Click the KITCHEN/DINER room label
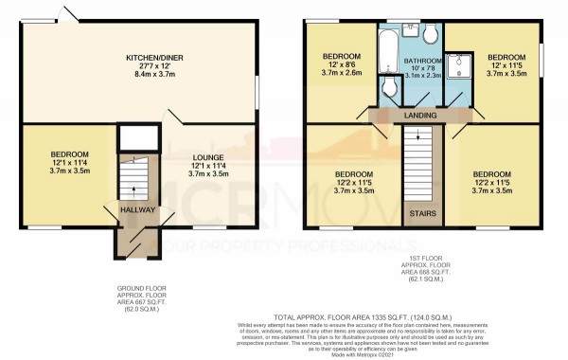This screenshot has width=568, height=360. (154, 58)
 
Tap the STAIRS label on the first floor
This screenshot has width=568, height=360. (417, 214)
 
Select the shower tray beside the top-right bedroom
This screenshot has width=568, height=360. (457, 61)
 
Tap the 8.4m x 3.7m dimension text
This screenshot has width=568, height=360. (154, 74)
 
